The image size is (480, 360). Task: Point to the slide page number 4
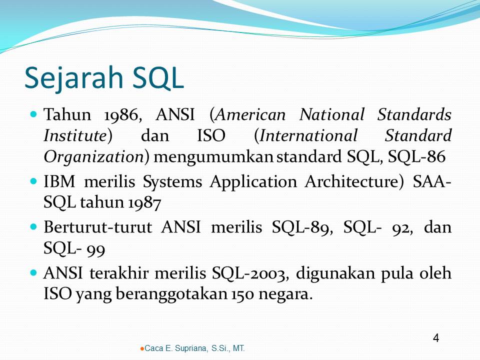tap(435, 338)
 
